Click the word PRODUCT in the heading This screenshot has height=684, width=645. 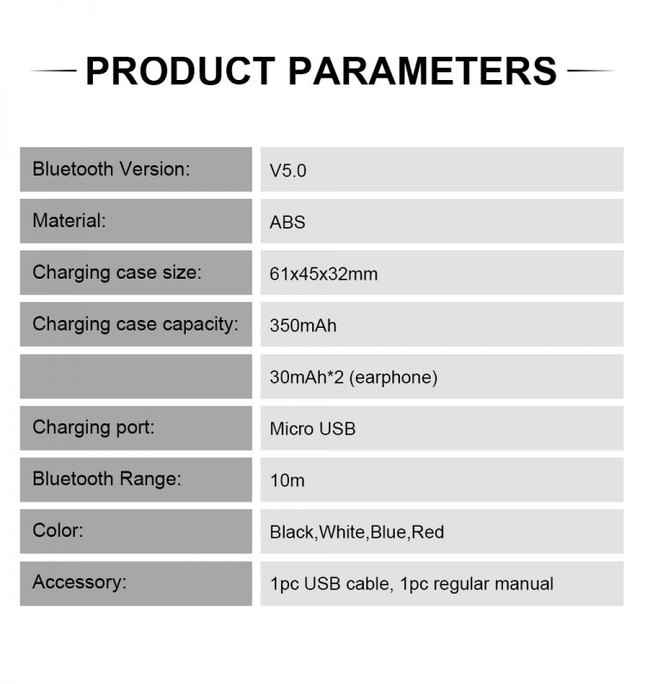tap(181, 71)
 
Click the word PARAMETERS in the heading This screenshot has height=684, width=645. tap(422, 71)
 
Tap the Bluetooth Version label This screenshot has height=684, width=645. tap(111, 169)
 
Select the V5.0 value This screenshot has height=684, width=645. tap(288, 170)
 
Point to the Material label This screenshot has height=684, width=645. tap(70, 220)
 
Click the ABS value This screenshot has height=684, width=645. tap(287, 222)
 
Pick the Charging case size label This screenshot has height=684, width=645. tap(117, 273)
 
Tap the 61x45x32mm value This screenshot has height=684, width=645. tap(323, 274)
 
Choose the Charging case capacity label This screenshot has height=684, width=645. tap(136, 324)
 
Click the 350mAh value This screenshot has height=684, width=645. tap(303, 325)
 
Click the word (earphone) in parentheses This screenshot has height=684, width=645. tap(393, 378)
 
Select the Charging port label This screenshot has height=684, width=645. tap(94, 428)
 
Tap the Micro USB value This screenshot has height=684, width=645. tap(313, 428)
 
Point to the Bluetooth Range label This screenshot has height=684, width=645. tap(107, 478)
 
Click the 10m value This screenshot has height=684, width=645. tap(287, 480)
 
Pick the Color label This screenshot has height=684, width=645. tap(58, 531)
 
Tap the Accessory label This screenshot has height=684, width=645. tap(79, 582)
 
